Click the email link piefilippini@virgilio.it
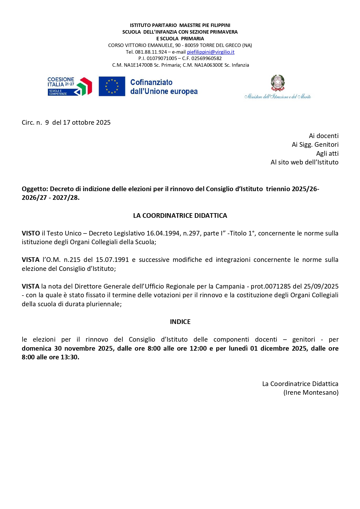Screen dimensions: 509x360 click(211, 52)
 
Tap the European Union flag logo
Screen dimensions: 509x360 click(112, 86)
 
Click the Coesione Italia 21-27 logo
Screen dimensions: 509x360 click(70, 86)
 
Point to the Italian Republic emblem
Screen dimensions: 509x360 click(278, 83)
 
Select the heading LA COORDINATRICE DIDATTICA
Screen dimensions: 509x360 click(180, 215)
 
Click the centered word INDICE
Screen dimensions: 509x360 click(180, 322)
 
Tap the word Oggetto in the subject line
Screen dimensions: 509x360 click(35, 189)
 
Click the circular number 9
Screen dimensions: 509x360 click(47, 122)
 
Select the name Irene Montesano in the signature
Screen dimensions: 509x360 click(311, 392)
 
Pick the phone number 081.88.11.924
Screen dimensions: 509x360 click(151, 52)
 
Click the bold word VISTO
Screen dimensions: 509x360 click(31, 233)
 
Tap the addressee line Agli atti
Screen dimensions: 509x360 click(327, 153)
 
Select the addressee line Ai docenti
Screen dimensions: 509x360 click(323, 136)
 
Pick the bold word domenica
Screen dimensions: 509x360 click(36, 348)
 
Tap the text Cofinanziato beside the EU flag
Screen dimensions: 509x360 click(151, 82)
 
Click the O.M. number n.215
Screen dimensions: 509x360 click(72, 260)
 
